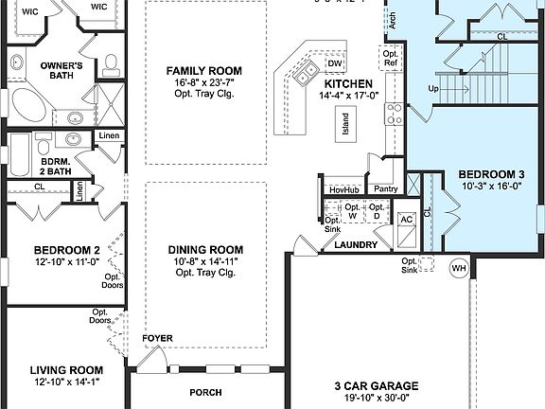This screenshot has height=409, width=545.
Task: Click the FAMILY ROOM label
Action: click(x=203, y=71)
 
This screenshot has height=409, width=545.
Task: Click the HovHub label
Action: click(x=343, y=189)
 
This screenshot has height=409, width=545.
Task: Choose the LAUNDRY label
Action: click(x=356, y=245)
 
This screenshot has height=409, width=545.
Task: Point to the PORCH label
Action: click(x=205, y=392)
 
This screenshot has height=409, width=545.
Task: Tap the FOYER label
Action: click(x=157, y=338)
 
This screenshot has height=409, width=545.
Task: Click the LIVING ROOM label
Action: click(x=65, y=370)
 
